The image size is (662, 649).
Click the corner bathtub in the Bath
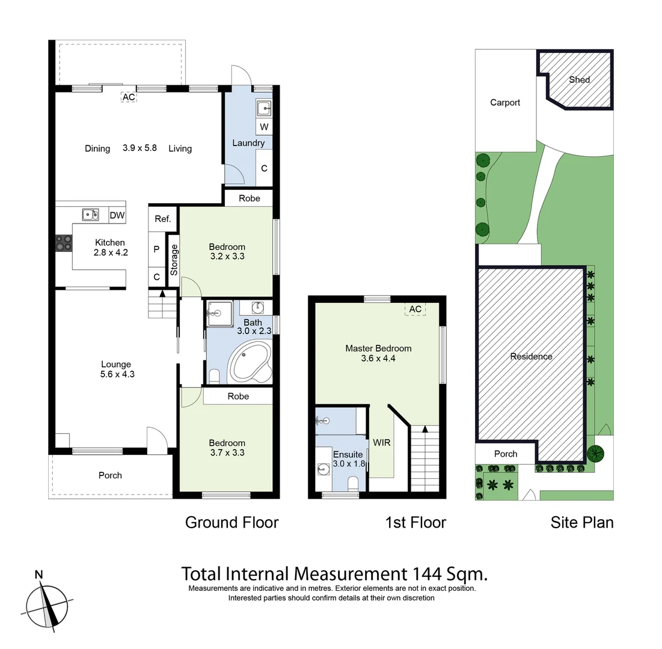click(250, 361)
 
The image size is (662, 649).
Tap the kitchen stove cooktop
click(64, 243)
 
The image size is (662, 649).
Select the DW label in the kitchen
click(117, 215)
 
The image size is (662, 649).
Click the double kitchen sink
click(91, 215)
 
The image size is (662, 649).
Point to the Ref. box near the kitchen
click(163, 219)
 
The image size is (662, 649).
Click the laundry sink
click(265, 108)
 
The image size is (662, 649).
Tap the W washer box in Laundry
click(264, 127)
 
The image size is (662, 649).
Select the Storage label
click(174, 260)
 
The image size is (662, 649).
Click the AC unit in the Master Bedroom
click(415, 309)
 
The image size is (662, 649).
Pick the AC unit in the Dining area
click(128, 97)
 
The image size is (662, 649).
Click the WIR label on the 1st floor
click(382, 443)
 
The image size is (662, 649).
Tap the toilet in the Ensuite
click(353, 483)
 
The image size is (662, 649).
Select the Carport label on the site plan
click(505, 103)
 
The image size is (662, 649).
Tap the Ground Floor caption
click(231, 522)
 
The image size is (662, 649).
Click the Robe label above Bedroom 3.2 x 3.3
click(249, 198)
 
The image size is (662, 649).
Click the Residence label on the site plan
click(531, 356)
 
